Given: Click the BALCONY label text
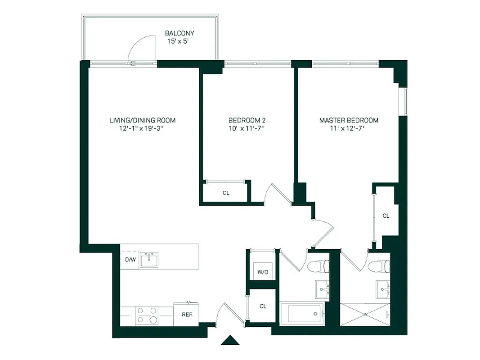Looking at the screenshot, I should [x=179, y=33].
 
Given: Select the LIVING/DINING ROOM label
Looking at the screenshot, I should [x=143, y=121].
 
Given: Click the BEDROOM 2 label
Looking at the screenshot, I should [x=247, y=121].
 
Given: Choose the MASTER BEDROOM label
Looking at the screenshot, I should [x=349, y=121].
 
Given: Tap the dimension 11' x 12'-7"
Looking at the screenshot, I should [x=349, y=129].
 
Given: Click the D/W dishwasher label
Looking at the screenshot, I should [x=130, y=260].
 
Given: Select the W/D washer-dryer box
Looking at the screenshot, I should [x=262, y=271].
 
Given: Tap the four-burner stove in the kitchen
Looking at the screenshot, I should [x=147, y=315].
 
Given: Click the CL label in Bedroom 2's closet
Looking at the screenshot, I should [x=226, y=193].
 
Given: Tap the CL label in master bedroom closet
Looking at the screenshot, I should [x=386, y=216].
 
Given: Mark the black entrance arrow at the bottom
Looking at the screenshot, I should [x=230, y=340].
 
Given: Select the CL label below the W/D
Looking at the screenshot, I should [x=263, y=306].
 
